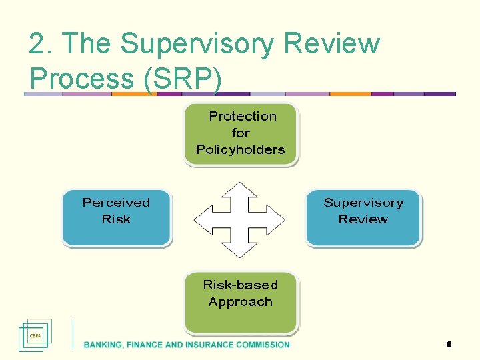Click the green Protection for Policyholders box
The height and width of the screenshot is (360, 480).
pos(241,133)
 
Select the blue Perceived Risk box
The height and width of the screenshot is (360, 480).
pos(117,217)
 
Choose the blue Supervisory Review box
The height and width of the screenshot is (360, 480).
pos(363,217)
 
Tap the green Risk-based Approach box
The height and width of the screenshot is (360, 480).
pos(241,301)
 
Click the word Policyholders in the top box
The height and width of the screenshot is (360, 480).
pos(241,149)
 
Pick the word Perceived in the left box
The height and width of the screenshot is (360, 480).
pos(116,203)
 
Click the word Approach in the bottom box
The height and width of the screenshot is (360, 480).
pos(241,302)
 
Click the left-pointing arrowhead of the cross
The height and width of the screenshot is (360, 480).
pos(202,219)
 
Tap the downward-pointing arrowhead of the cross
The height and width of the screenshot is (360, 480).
pos(239,249)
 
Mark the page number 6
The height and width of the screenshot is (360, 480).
pos(449,345)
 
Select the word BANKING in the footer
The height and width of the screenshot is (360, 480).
pos(101,345)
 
